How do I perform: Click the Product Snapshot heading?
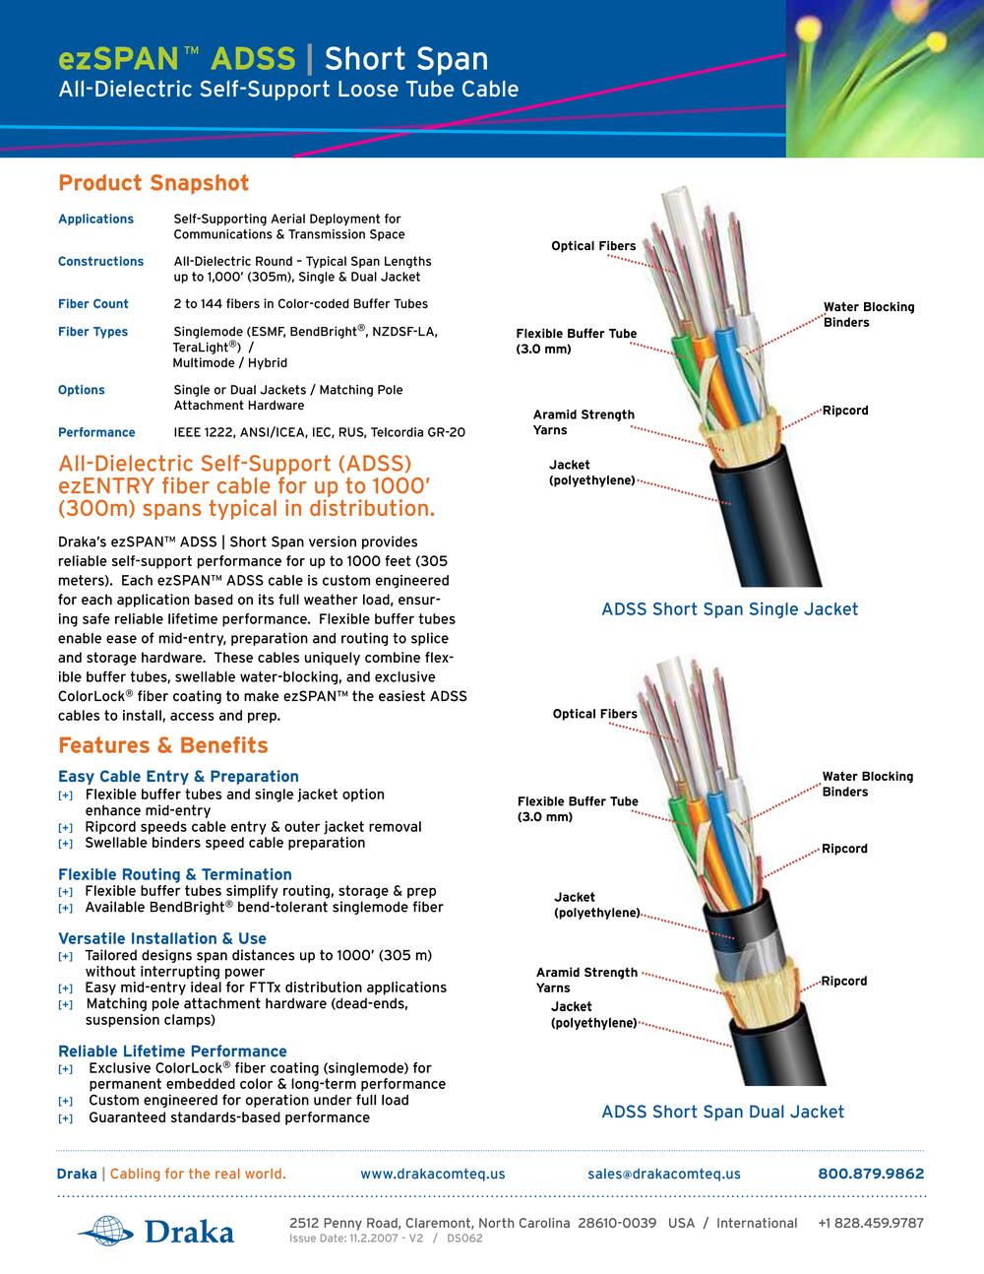pyautogui.click(x=154, y=183)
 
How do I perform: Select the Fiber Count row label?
pyautogui.click(x=93, y=304)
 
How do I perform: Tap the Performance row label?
pyautogui.click(x=96, y=432)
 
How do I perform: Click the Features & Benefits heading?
pyautogui.click(x=162, y=745)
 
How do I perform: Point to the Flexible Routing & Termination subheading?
pyautogui.click(x=174, y=874)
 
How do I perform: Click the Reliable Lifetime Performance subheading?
pyautogui.click(x=172, y=1051)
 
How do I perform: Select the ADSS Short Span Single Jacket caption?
pyautogui.click(x=729, y=609)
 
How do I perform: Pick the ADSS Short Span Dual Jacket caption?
pyautogui.click(x=722, y=1112)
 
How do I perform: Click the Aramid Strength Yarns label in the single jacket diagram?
pyautogui.click(x=584, y=422)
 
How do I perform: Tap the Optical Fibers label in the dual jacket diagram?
pyautogui.click(x=594, y=714)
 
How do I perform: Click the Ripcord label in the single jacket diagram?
pyautogui.click(x=845, y=411)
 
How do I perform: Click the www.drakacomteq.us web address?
pyautogui.click(x=432, y=1174)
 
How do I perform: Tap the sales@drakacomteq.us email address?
pyautogui.click(x=663, y=1174)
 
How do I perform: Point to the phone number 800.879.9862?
pyautogui.click(x=871, y=1174)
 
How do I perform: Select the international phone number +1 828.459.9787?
pyautogui.click(x=870, y=1223)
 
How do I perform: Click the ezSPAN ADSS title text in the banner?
pyautogui.click(x=177, y=59)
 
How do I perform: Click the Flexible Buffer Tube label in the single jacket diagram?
pyautogui.click(x=576, y=342)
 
